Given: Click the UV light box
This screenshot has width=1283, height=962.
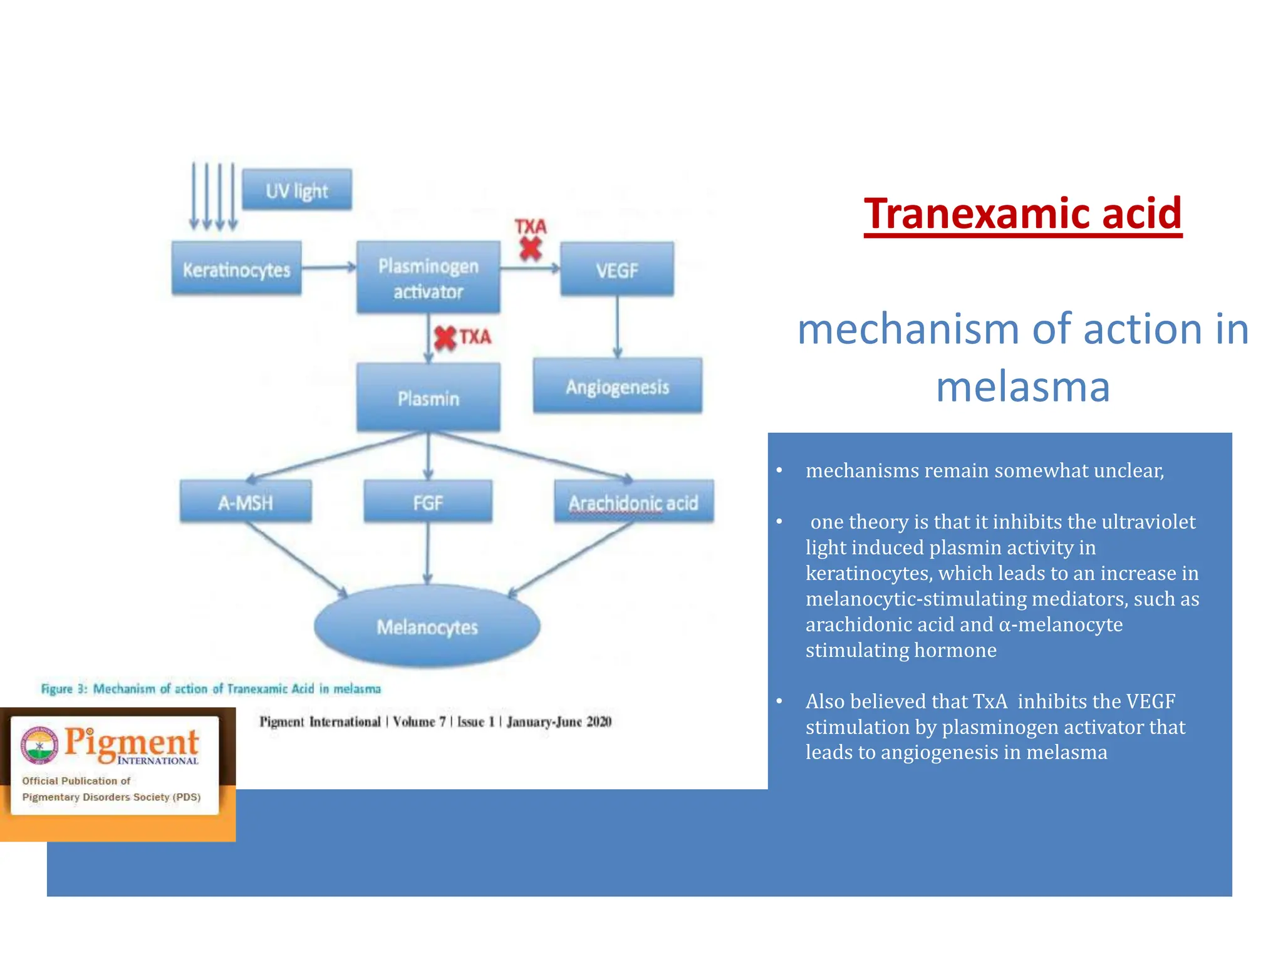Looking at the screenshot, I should pos(296,190).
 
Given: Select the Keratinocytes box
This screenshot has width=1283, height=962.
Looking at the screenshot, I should pos(236,269).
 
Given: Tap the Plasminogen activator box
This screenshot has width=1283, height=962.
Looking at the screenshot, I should pos(428,278).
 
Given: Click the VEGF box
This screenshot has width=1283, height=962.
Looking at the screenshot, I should pos(616,270).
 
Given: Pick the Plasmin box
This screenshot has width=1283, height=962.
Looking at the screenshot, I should pos(428,398).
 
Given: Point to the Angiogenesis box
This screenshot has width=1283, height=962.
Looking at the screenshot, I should pos(617,386).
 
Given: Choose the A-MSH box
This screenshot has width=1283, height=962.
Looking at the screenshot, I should pos(245,502).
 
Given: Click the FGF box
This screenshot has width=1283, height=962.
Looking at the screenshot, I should pos(428,502).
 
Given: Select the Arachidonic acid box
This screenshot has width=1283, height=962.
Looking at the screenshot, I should pos(633,502).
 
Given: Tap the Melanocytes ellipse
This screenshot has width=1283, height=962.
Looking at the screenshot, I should pos(427,626).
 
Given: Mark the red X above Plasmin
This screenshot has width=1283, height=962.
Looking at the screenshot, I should pos(445,338).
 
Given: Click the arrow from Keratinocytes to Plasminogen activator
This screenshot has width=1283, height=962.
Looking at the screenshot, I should pos(328,268).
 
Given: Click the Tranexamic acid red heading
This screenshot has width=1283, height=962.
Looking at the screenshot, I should pos(1022,214).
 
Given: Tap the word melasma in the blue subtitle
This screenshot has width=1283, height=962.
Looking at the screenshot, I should pos(1022,386).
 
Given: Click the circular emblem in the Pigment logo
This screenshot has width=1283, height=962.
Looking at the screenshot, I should pos(39,745).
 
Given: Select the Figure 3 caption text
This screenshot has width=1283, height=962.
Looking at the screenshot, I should pos(210,689).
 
